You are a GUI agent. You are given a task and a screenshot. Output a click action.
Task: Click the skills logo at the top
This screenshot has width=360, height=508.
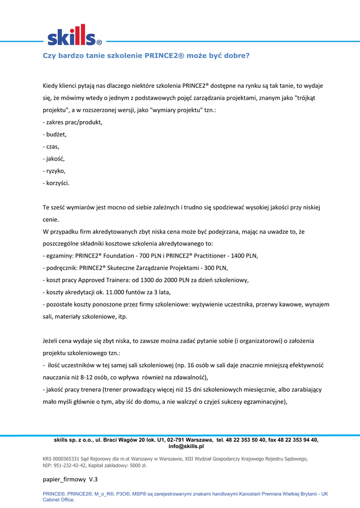74,35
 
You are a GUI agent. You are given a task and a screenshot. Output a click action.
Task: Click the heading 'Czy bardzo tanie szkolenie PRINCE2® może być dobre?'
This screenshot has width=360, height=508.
146,56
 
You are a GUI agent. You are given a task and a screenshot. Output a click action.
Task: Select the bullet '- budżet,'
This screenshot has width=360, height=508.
55,134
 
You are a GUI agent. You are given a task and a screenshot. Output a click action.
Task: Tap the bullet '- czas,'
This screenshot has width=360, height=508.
51,147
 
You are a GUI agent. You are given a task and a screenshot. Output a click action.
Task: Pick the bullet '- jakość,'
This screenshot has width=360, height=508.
54,159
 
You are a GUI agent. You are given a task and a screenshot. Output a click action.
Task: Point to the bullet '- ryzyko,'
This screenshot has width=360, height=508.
54,171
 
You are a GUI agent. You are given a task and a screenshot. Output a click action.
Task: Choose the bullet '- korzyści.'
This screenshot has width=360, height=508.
56,183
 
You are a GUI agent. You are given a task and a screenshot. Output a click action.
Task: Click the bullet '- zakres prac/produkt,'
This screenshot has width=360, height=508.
72,122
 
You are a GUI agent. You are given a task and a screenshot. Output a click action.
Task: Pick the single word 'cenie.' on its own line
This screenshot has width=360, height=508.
51,219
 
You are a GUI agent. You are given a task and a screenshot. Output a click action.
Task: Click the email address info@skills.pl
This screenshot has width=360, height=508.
186,446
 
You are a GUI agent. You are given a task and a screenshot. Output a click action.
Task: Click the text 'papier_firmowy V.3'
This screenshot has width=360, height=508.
71,480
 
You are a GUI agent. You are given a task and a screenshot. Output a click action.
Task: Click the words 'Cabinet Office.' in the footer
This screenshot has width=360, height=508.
59,500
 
